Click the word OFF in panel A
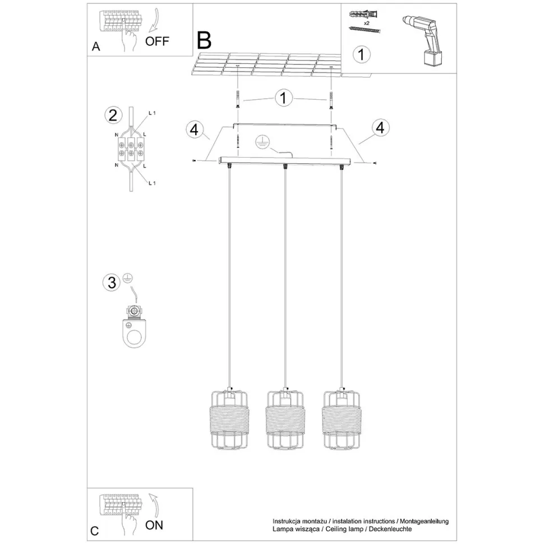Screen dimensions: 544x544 point(157,42)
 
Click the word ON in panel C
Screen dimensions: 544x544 point(154,525)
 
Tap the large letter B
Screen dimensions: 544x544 point(204,40)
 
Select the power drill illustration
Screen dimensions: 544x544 point(425,40)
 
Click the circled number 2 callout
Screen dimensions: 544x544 point(113,115)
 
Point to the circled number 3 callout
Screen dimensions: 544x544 point(112,282)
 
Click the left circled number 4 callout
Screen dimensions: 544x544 point(194,130)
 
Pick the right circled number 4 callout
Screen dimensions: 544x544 point(380,128)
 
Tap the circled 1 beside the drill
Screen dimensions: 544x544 point(362,55)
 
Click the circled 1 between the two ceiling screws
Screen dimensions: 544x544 point(283,98)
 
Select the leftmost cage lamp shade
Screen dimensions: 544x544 point(229,419)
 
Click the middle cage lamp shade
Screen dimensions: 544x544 point(285,419)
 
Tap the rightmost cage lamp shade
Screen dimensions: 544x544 point(342,419)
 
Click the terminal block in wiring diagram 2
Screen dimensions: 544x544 point(131,149)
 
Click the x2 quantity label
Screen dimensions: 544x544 point(367,23)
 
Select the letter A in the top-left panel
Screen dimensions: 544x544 point(96,47)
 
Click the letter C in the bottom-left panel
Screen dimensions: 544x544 point(94,531)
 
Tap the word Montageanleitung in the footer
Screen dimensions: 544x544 point(425,521)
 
